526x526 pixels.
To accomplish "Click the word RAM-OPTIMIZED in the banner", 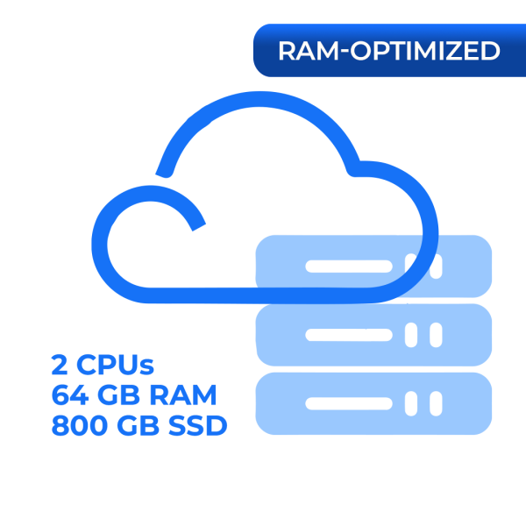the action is point(389,51).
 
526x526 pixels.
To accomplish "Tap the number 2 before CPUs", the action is point(60,365).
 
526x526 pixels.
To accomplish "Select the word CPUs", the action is point(116,365).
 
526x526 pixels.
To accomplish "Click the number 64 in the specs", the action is point(70,395).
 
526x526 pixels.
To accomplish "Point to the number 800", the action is point(80,425).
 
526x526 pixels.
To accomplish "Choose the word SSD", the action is point(197,425).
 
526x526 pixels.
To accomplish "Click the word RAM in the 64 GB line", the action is point(183,395).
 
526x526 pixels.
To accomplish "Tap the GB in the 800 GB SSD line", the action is point(138,425).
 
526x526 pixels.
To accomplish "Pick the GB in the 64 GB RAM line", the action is point(118,395).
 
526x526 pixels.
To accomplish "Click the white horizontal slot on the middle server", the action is point(349,335).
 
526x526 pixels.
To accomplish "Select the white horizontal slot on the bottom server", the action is point(349,403).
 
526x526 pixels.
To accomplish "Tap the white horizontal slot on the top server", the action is point(349,267).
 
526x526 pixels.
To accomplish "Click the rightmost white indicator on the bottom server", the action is point(436,403).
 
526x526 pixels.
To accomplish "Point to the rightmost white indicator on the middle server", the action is point(436,335).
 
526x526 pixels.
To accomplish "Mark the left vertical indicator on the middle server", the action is point(411,335).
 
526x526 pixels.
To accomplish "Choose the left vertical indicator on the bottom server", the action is point(411,403).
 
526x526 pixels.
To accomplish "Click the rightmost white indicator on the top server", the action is point(436,267).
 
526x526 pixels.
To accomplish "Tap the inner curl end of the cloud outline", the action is point(199,227).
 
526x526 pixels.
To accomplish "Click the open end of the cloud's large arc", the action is point(161,174).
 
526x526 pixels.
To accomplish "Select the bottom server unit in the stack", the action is point(373,403).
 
